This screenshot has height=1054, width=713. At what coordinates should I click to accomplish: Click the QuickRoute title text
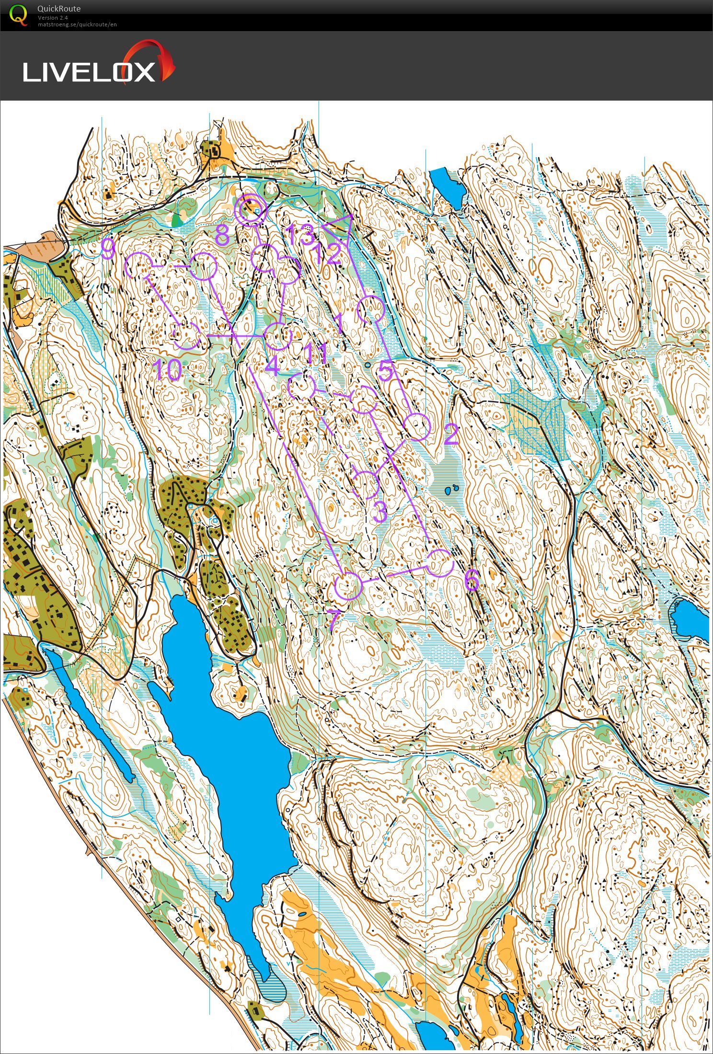(x=59, y=9)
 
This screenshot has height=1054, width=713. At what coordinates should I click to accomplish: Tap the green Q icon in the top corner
(x=18, y=14)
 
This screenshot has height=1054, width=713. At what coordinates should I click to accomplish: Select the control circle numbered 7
(x=347, y=585)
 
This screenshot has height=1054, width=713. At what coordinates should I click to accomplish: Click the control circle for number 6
(x=439, y=563)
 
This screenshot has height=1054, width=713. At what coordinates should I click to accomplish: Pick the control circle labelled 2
(x=416, y=427)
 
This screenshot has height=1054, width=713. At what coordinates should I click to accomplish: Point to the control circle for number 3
(x=366, y=484)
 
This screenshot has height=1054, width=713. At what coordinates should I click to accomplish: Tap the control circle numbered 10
(x=187, y=336)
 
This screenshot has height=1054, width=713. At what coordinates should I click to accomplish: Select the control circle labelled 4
(x=278, y=336)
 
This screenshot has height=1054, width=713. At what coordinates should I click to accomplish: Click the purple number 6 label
(x=471, y=580)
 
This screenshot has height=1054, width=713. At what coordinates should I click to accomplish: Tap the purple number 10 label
(x=167, y=370)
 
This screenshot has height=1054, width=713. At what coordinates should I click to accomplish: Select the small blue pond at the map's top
(x=447, y=187)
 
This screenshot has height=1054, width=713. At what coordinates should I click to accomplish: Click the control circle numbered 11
(x=302, y=387)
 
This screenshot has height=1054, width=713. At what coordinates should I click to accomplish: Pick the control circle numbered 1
(x=370, y=309)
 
